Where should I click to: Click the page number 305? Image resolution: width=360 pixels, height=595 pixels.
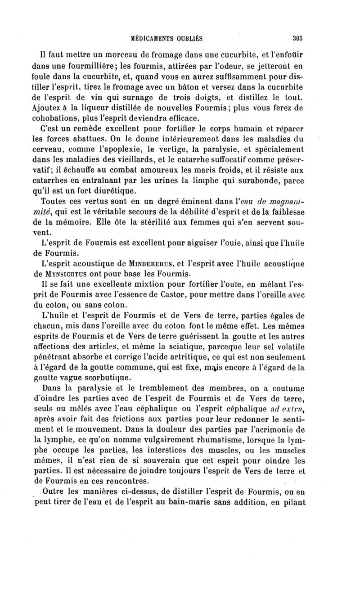[x=298, y=38]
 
